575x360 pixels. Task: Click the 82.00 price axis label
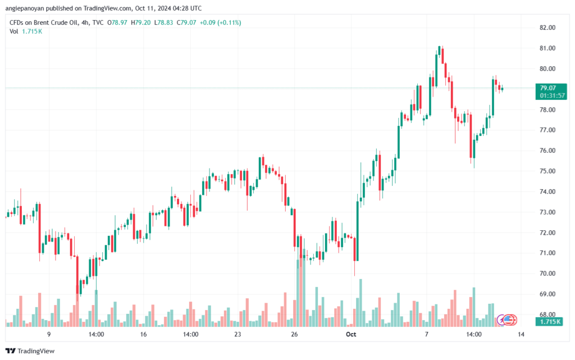tap(547, 28)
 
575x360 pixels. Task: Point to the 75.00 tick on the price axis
tap(547, 171)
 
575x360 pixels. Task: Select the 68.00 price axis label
tap(547, 315)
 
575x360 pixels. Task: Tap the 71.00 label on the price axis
tap(547, 253)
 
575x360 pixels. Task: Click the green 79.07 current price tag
tap(547, 88)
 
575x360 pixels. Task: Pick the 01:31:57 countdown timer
tap(552, 95)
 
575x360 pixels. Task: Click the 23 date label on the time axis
tap(238, 335)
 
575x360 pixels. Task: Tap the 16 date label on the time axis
tap(144, 335)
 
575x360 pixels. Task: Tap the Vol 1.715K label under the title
tap(26, 31)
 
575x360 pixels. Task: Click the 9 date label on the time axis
tap(49, 335)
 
